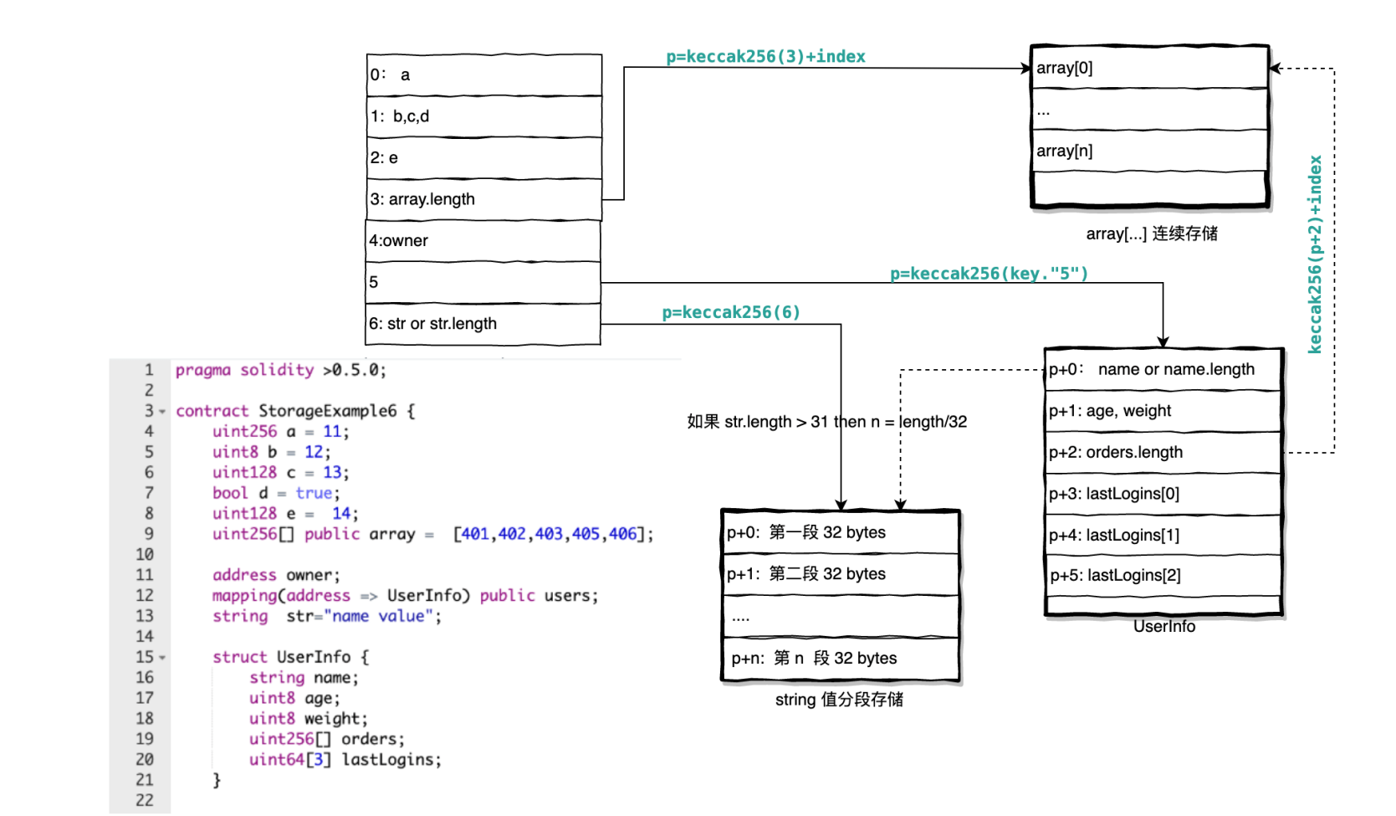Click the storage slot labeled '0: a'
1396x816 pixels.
pyautogui.click(x=483, y=75)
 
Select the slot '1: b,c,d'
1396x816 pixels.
pyautogui.click(x=483, y=116)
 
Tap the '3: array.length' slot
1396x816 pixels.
pyautogui.click(x=483, y=199)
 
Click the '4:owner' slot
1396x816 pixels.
pyautogui.click(x=483, y=241)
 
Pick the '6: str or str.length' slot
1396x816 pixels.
pyautogui.click(x=483, y=324)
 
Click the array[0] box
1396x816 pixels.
pyautogui.click(x=1149, y=68)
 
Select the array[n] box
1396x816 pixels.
pyautogui.click(x=1149, y=151)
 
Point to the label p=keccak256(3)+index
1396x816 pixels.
pyautogui.click(x=765, y=56)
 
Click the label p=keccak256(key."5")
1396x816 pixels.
pyautogui.click(x=989, y=273)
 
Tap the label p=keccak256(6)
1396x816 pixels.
pyautogui.click(x=731, y=312)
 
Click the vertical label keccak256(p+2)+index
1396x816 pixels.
pyautogui.click(x=1315, y=254)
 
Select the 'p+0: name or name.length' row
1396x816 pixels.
pyautogui.click(x=1163, y=369)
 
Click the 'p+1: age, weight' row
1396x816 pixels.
pyautogui.click(x=1163, y=411)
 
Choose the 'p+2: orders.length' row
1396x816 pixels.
pyautogui.click(x=1163, y=452)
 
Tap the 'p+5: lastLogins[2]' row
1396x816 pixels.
pyautogui.click(x=1163, y=575)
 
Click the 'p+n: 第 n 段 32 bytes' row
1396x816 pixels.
pyautogui.click(x=840, y=659)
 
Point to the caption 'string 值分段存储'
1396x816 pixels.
pyautogui.click(x=839, y=700)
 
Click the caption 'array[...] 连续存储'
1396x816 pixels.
pyautogui.click(x=1152, y=234)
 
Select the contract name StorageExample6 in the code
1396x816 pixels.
pyautogui.click(x=327, y=411)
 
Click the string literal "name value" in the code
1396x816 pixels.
pyautogui.click(x=382, y=616)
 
